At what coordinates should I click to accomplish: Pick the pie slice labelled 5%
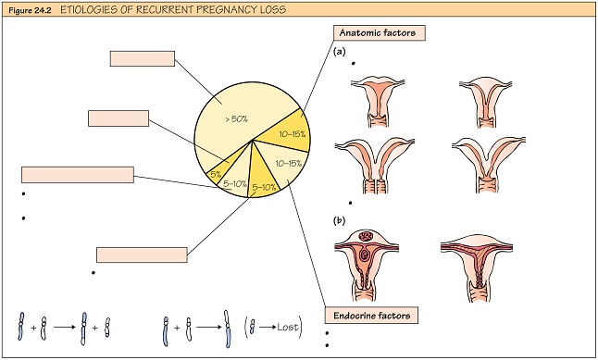[214, 172]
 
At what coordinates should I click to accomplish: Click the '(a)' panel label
[340, 53]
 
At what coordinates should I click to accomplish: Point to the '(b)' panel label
[340, 221]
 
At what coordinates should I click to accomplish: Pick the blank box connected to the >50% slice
[142, 57]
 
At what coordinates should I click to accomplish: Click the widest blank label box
[78, 174]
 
